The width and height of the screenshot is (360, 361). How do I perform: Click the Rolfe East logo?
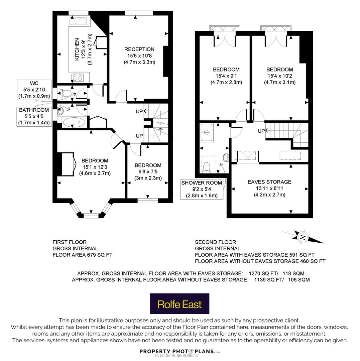pyautogui.click(x=179, y=304)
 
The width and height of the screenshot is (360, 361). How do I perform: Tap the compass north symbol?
pyautogui.click(x=303, y=237)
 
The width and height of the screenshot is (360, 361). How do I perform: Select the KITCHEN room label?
pyautogui.click(x=77, y=49)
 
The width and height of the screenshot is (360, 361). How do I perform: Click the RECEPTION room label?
pyautogui.click(x=139, y=49)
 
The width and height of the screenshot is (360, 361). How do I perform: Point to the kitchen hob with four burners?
pyautogui.click(x=78, y=77)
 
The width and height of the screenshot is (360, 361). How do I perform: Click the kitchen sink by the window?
pyautogui.click(x=80, y=21)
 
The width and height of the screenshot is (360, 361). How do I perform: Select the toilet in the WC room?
pyautogui.click(x=65, y=93)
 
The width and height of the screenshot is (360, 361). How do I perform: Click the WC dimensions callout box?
pyautogui.click(x=34, y=90)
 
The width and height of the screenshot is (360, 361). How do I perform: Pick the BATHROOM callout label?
pyautogui.click(x=34, y=110)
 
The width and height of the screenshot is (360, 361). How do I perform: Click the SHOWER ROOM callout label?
pyautogui.click(x=202, y=183)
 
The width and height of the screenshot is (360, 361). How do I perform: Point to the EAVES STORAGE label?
pyautogui.click(x=269, y=182)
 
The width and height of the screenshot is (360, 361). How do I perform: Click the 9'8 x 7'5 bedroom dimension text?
pyautogui.click(x=148, y=171)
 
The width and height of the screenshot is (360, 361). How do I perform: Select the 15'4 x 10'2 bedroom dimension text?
pyautogui.click(x=280, y=76)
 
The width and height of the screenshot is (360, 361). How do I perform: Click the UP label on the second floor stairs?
pyautogui.click(x=261, y=131)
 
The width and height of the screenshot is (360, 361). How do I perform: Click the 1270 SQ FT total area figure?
pyautogui.click(x=262, y=273)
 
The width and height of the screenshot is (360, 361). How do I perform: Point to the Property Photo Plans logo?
pyautogui.click(x=180, y=353)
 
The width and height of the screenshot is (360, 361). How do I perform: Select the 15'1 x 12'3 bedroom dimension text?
pyautogui.click(x=95, y=167)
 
